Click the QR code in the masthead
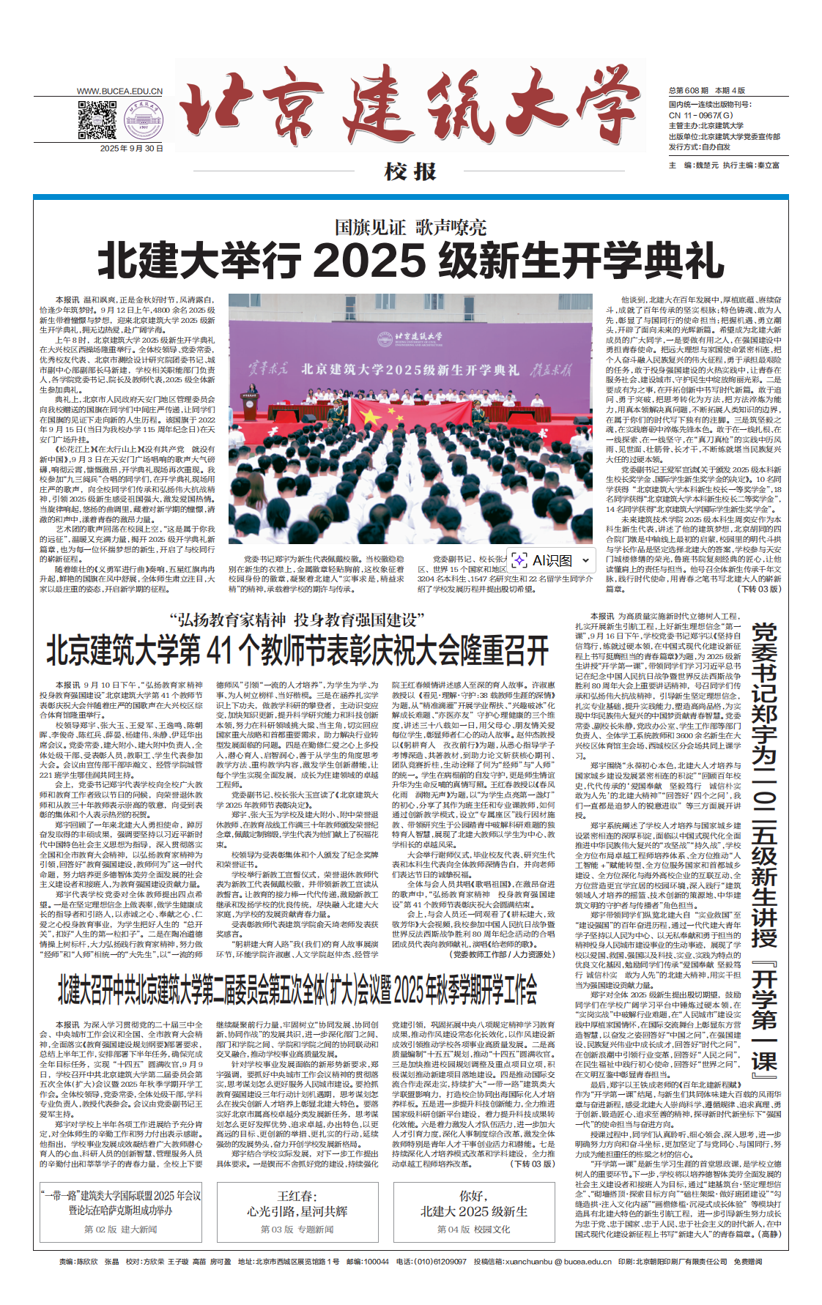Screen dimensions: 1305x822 coord(97,121)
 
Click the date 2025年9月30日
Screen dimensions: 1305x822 coord(132,149)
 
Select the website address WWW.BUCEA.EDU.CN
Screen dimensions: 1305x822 coord(119,92)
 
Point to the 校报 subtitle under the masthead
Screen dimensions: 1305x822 coord(410,172)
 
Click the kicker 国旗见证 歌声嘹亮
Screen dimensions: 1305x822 coord(410,227)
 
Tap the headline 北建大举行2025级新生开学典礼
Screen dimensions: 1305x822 coord(410,260)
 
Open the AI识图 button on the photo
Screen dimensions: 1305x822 coord(544,560)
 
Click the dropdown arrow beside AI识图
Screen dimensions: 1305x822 coord(585,560)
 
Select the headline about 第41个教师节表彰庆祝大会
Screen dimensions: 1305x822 coord(297,650)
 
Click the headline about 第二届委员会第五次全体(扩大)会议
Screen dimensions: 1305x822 coord(297,990)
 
